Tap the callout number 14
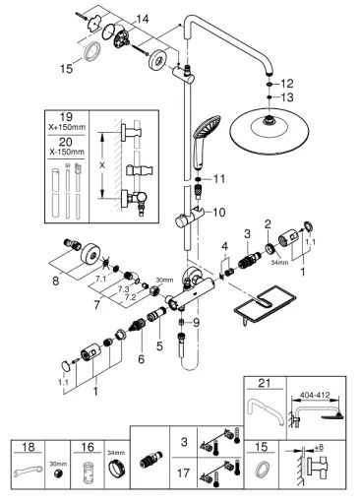click(x=142, y=19)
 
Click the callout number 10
click(x=218, y=213)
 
